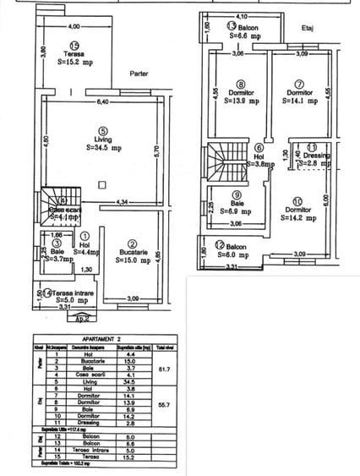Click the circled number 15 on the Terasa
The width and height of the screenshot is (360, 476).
pyautogui.click(x=75, y=47)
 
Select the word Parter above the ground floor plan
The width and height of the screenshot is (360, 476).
pyautogui.click(x=139, y=74)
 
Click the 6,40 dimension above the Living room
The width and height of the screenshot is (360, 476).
pyautogui.click(x=102, y=103)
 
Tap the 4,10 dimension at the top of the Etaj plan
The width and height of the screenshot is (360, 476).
pyautogui.click(x=242, y=16)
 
